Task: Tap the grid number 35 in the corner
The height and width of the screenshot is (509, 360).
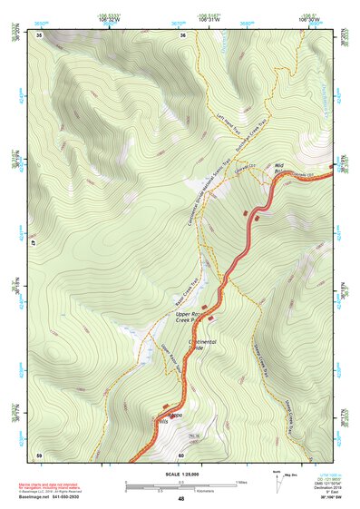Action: click(x=40, y=34)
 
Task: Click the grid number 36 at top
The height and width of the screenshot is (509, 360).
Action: click(x=183, y=34)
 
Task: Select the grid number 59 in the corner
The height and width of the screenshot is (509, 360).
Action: click(x=40, y=454)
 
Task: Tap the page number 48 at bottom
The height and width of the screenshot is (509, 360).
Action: click(x=180, y=499)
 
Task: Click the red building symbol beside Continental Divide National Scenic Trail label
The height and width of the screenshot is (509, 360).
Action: click(x=247, y=212)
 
